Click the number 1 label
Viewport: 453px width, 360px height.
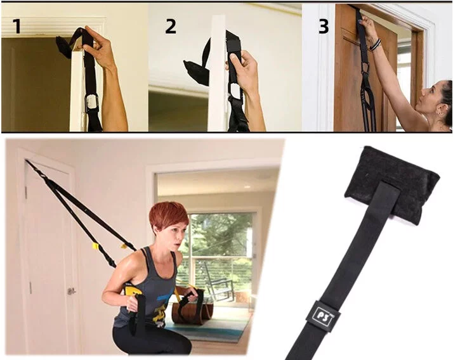point(17,26)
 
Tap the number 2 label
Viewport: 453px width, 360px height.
point(171,26)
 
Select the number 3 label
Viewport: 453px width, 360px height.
point(324,26)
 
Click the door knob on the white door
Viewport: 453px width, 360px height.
point(70,292)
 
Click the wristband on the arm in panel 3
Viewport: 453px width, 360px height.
point(376,45)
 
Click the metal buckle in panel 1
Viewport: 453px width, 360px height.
point(92,103)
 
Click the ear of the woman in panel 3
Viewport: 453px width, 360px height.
point(440,109)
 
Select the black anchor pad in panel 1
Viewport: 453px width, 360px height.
point(63,46)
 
